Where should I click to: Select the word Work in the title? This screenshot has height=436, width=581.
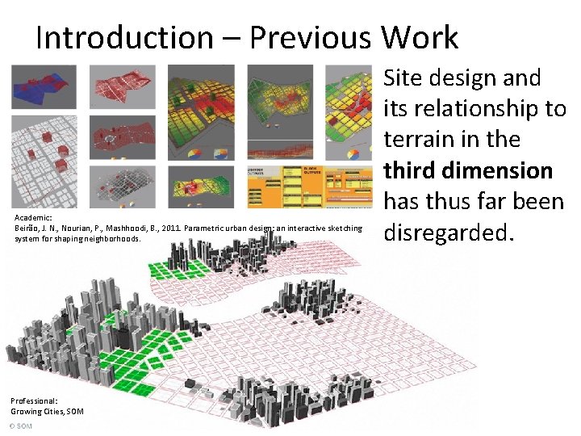point(420,37)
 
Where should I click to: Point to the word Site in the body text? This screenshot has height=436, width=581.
point(404,78)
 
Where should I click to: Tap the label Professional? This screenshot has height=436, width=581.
point(34,400)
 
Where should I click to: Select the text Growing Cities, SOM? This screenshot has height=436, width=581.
point(47,411)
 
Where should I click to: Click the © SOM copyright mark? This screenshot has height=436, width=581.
point(21,425)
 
